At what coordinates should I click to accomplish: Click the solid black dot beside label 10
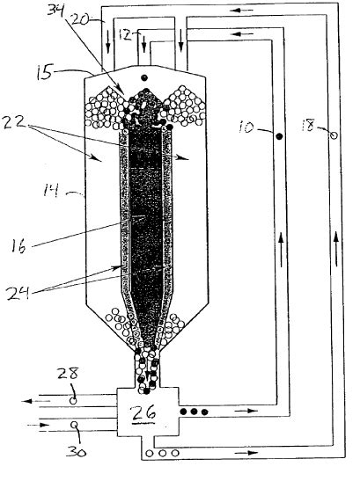tap(278, 137)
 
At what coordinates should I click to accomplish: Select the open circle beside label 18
tap(332, 135)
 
